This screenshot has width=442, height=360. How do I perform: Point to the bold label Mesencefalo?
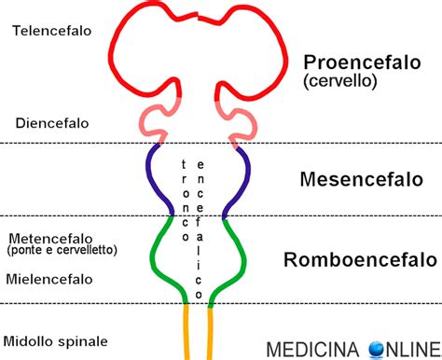pos(356,178)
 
